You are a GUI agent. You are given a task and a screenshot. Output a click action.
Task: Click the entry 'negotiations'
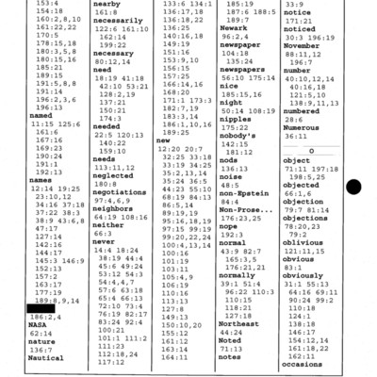123,192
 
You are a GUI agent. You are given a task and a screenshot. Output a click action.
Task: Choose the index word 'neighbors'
115,208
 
